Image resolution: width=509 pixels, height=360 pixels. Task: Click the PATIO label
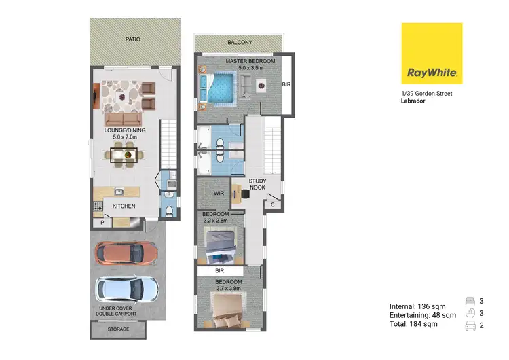[x=133, y=39]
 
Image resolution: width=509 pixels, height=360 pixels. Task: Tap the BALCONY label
[x=240, y=43]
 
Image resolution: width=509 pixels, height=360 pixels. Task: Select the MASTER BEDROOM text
[x=251, y=62]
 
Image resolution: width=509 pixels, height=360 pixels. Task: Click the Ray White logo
[x=432, y=54]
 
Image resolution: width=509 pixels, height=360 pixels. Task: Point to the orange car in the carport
[x=128, y=253]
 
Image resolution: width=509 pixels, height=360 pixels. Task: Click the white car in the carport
[x=127, y=289]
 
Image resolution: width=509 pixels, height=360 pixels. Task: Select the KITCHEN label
[x=124, y=206]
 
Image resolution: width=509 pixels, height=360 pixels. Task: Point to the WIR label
[x=219, y=194]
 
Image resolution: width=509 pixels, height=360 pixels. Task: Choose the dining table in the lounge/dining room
[x=123, y=156]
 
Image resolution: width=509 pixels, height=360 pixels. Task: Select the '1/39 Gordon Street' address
[x=426, y=93]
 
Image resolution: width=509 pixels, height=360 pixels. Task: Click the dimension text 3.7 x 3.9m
[x=228, y=288]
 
